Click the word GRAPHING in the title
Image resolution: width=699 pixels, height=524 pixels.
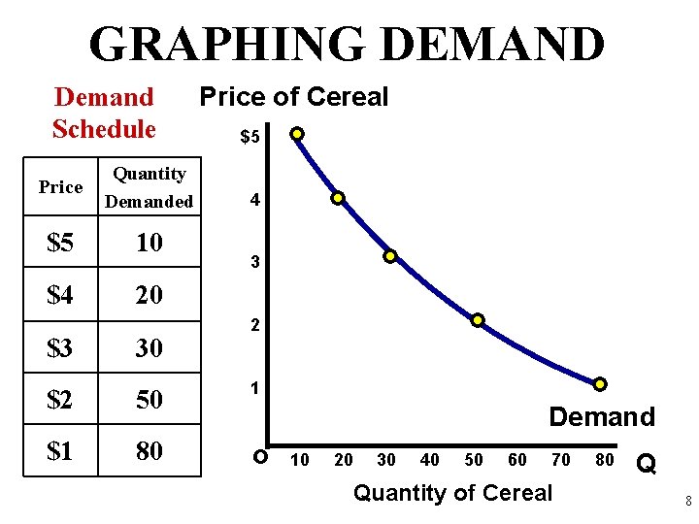[x=226, y=45]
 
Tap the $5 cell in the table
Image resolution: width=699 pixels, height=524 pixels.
[x=60, y=243]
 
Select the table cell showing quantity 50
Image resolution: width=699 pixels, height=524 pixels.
[x=150, y=400]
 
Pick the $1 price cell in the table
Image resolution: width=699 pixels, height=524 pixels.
[x=60, y=451]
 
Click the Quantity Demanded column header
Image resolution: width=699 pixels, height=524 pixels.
[x=150, y=187]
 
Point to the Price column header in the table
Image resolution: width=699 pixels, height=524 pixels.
[x=60, y=187]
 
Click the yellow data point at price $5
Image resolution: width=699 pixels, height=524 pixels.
[x=297, y=134]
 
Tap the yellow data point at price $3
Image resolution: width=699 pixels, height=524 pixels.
[x=389, y=257]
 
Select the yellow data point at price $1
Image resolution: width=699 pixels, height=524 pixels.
[x=600, y=384]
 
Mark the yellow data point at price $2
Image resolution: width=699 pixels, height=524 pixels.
[x=478, y=320]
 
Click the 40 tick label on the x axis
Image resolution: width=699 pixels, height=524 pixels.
[x=428, y=459]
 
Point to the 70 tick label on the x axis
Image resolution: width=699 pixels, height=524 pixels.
[x=561, y=459]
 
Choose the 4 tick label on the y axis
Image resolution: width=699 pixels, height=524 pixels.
[x=253, y=201]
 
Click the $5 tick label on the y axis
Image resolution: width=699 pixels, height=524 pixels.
[x=250, y=138]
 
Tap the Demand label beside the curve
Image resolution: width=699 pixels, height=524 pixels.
[x=602, y=417]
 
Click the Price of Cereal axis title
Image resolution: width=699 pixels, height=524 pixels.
[x=293, y=97]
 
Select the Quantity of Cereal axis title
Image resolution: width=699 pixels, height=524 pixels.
[x=452, y=493]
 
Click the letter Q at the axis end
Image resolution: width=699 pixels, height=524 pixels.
[x=645, y=465]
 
